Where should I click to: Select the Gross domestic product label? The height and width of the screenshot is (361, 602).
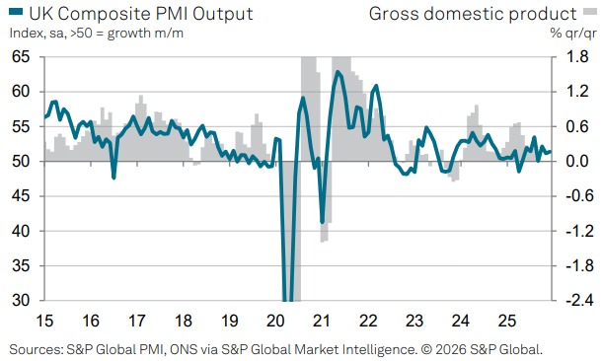coord(472,14)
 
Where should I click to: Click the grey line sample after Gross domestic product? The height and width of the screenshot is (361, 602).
coord(589,14)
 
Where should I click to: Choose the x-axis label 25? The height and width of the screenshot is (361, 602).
coord(503,322)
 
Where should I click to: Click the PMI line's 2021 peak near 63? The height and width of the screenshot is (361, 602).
coord(339,72)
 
